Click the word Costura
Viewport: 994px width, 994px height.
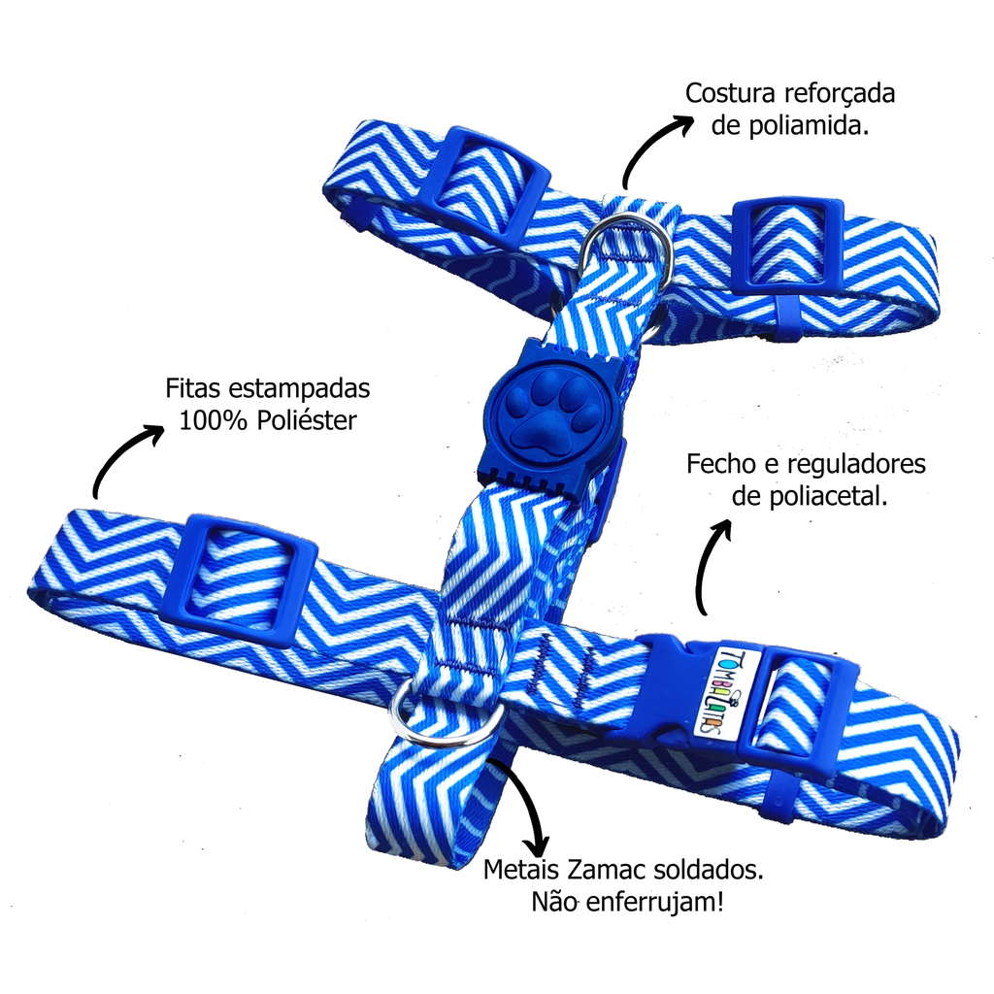tap(730, 93)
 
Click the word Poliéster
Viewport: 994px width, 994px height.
tap(307, 419)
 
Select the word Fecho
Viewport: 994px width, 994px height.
tap(722, 464)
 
